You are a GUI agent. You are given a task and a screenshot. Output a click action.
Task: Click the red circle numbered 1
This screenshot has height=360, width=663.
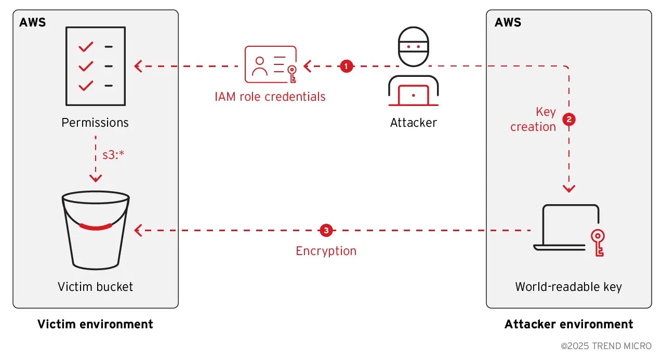[x=347, y=66]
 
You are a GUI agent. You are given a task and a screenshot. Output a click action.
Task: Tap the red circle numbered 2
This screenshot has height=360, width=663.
[x=569, y=119]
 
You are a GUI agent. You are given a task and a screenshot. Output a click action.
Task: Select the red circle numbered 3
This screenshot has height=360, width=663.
[x=326, y=230]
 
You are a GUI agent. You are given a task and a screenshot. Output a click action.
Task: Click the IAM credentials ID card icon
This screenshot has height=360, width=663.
[x=271, y=65]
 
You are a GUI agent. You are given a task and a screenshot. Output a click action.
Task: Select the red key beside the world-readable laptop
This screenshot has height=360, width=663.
[x=598, y=242]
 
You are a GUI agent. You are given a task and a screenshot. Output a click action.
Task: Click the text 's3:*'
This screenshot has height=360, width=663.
[x=113, y=155]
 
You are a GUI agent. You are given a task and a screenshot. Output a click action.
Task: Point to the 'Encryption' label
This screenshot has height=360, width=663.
[x=326, y=251]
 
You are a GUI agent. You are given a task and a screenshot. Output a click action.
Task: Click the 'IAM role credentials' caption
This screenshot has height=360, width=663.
[x=270, y=97]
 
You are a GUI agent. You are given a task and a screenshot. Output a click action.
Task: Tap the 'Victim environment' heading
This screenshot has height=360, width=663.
[x=95, y=325]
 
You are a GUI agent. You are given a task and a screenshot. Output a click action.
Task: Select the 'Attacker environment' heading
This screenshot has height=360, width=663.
[x=568, y=325]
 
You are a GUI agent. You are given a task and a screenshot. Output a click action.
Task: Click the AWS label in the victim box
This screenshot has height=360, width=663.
[x=32, y=22]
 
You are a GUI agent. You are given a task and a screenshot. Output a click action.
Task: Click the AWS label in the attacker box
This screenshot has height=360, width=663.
[x=508, y=22]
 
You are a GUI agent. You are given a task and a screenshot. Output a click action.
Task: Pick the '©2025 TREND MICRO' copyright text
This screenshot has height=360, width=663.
[x=606, y=346]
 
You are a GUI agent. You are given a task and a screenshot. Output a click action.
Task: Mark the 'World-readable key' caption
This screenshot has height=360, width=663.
[x=568, y=287]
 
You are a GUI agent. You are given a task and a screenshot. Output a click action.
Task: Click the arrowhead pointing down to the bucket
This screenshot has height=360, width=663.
[x=96, y=178]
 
